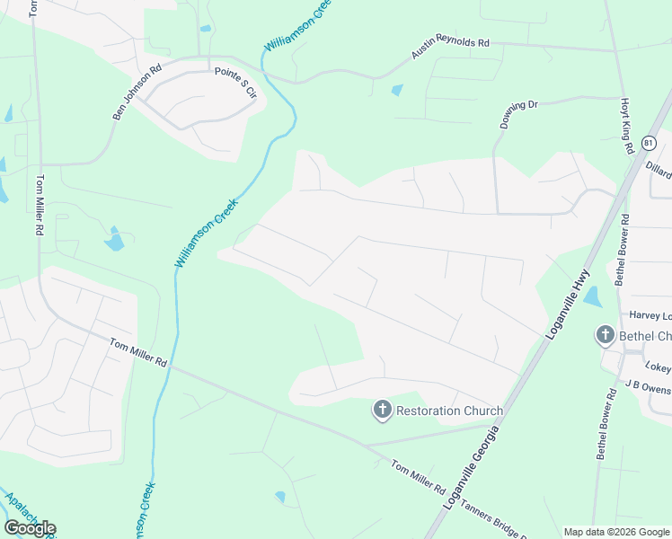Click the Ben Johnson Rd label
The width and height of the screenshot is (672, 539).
coord(137,90)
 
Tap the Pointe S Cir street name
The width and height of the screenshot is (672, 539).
coord(234,84)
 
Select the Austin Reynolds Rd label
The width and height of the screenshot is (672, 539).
coord(450,47)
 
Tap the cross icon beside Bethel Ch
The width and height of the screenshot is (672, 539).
coord(606,336)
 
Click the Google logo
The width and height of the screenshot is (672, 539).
coord(30,528)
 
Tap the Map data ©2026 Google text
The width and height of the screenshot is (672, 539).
coord(615,532)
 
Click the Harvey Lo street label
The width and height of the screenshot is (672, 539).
coord(650,315)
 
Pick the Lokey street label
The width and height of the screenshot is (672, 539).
coord(658,367)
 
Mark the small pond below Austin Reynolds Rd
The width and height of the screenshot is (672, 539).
coord(397,90)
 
